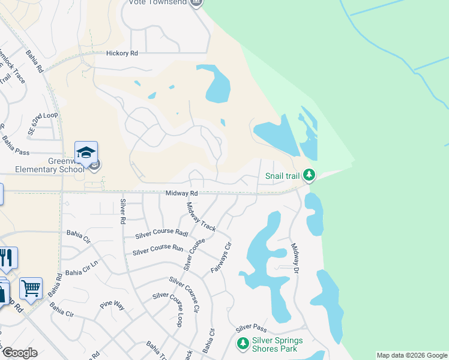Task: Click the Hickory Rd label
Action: (x=122, y=53)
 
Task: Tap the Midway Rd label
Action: (x=182, y=193)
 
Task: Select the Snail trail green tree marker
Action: (x=309, y=175)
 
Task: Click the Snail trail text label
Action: (x=282, y=176)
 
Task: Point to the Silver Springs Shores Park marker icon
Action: (x=243, y=344)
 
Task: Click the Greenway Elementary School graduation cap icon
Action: (x=86, y=152)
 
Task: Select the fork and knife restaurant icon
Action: (x=7, y=257)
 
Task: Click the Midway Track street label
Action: (x=200, y=217)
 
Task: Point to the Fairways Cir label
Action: (x=221, y=258)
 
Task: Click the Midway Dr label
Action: (x=295, y=256)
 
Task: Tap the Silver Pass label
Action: (x=251, y=328)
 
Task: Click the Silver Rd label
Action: (x=122, y=211)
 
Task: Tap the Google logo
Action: (x=20, y=353)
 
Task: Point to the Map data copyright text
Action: (x=412, y=356)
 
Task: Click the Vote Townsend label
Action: (x=158, y=2)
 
